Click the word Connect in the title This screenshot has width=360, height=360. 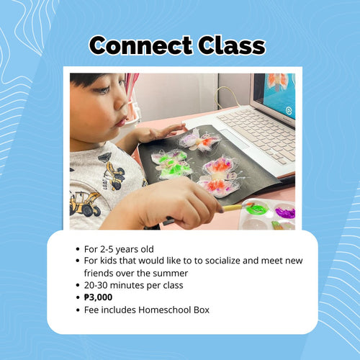tap(140, 45)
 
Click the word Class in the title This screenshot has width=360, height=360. tap(232, 45)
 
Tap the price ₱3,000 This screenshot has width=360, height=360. tap(98, 297)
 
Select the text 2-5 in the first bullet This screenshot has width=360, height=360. tap(107, 249)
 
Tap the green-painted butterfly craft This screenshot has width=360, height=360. tap(171, 164)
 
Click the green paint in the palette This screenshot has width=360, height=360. tap(256, 209)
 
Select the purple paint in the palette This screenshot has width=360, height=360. tap(285, 212)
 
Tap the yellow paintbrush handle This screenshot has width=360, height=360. tap(233, 208)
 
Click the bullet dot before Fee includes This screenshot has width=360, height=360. tap(77, 310)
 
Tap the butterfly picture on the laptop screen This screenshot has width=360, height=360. tap(278, 81)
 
